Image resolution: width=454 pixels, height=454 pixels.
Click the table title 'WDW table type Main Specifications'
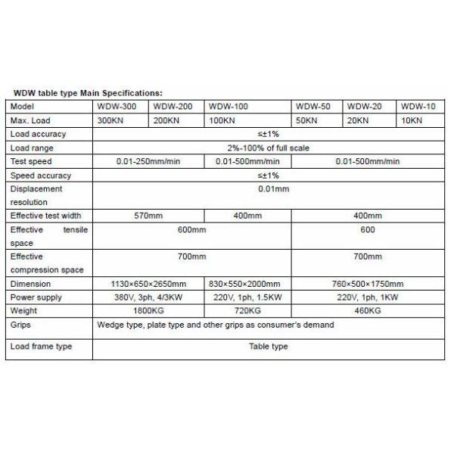88,93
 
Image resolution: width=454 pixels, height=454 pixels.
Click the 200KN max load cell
166,121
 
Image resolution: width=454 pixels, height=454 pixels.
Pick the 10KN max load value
412,121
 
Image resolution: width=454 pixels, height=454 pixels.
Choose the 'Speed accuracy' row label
38,176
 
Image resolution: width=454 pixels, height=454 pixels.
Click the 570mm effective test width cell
148,216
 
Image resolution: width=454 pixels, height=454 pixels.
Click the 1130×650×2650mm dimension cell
149,284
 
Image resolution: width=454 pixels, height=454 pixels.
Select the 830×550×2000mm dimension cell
248,284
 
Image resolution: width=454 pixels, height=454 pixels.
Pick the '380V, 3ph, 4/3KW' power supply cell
149,297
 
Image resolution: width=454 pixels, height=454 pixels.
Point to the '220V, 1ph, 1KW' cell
366,297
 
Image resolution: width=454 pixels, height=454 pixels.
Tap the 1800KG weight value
149,311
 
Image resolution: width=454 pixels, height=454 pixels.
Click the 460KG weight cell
366,311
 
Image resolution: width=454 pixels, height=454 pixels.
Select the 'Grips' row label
21,325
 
